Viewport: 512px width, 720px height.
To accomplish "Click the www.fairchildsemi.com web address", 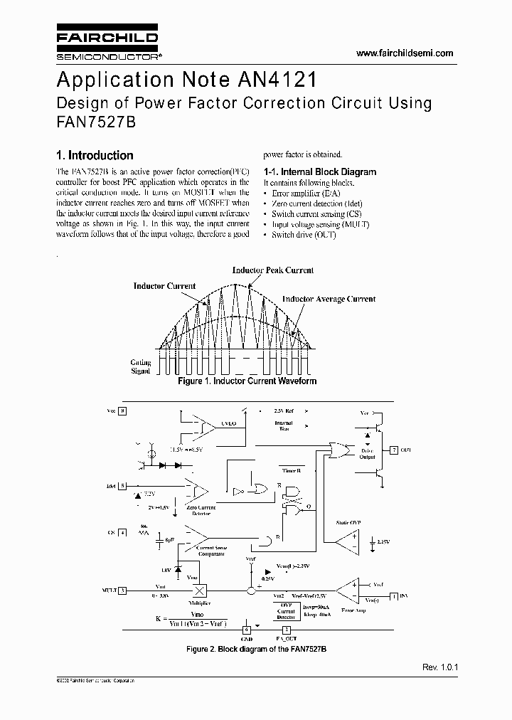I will pyautogui.click(x=404, y=54).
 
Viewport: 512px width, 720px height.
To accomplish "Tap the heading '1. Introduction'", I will pyautogui.click(x=95, y=155).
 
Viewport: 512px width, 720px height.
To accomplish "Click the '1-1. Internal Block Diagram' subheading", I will pyautogui.click(x=319, y=171).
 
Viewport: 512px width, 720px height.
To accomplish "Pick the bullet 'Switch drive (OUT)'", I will pyautogui.click(x=304, y=234).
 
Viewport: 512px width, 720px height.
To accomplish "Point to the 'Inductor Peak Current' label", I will pyautogui.click(x=273, y=270).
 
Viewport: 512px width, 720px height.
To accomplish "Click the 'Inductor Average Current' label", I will pyautogui.click(x=329, y=300).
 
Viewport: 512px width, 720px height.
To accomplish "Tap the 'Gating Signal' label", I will pyautogui.click(x=141, y=366).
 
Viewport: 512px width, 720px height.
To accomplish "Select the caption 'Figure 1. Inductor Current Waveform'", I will pyautogui.click(x=247, y=381).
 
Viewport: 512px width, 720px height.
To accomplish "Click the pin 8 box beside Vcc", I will pyautogui.click(x=122, y=411).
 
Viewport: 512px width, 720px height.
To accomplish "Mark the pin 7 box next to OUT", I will pyautogui.click(x=395, y=450).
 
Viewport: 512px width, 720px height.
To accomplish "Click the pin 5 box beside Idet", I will pyautogui.click(x=122, y=486).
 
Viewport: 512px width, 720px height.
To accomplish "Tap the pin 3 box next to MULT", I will pyautogui.click(x=122, y=590).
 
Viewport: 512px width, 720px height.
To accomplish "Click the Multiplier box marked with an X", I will pyautogui.click(x=200, y=591).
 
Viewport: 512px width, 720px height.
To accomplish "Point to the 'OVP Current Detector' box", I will pyautogui.click(x=286, y=610).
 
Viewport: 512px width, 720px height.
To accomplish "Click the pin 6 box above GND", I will pyautogui.click(x=247, y=629).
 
